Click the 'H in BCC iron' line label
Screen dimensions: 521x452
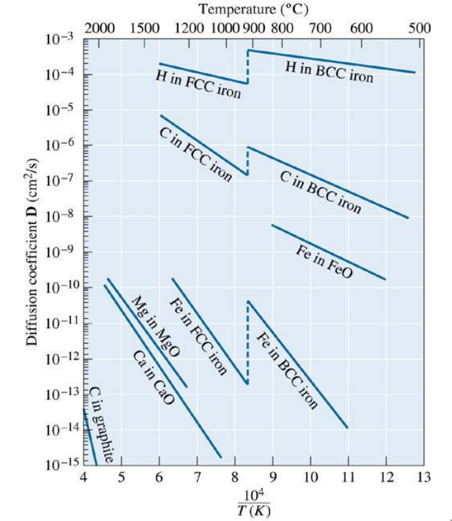tap(329, 71)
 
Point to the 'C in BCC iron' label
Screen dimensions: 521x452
tap(320, 191)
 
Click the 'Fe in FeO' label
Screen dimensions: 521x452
tap(324, 262)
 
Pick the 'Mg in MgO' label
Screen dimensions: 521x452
tap(155, 327)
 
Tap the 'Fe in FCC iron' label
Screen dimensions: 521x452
tap(198, 335)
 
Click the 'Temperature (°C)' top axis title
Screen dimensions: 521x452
tap(253, 10)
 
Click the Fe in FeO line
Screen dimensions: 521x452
tap(328, 252)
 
